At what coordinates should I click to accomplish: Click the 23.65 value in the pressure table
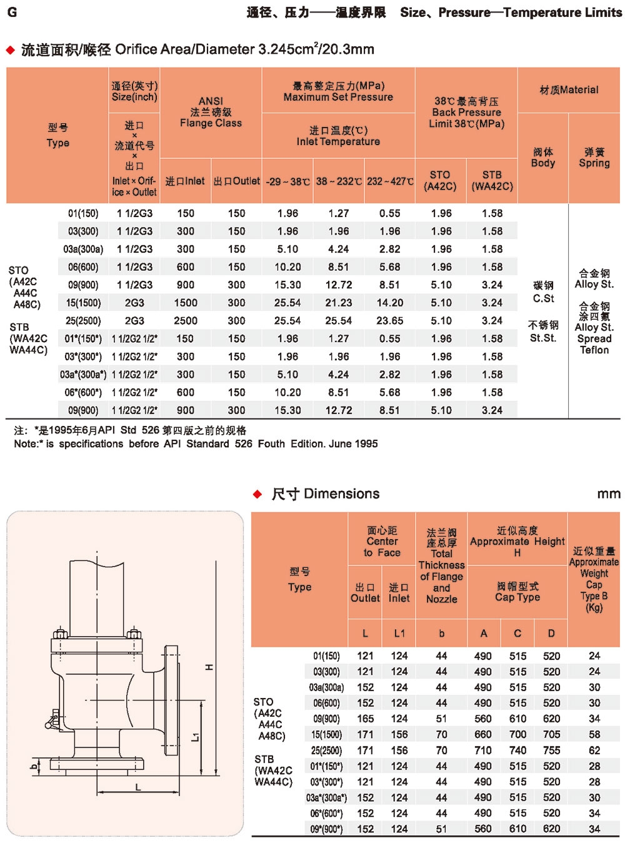click(389, 321)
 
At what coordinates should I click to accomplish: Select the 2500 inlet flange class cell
click(186, 321)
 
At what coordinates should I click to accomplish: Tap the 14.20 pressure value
click(389, 303)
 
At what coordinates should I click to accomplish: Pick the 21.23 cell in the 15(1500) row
click(338, 303)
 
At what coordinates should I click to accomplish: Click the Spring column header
click(594, 158)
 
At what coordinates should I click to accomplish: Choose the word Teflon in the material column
click(594, 350)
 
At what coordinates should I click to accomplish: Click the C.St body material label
click(543, 298)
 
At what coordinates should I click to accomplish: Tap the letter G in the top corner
click(12, 12)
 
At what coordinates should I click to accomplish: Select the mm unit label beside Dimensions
click(608, 494)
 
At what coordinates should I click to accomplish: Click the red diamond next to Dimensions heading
click(257, 494)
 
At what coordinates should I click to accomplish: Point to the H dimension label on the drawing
click(209, 667)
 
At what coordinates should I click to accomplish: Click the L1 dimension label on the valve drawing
click(196, 737)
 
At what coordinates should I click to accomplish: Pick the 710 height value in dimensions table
click(483, 751)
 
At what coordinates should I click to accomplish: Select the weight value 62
click(594, 751)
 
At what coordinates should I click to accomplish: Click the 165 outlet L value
click(365, 719)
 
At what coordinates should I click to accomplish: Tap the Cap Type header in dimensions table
click(517, 592)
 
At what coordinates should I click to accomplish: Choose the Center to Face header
click(382, 542)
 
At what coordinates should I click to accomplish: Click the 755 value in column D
click(551, 751)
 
